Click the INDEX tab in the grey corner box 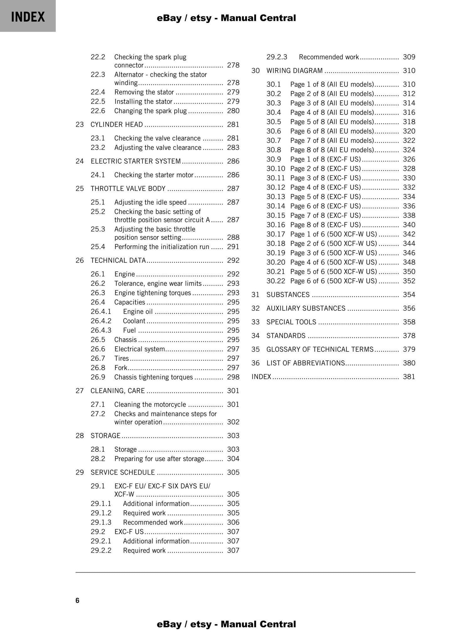coord(28,17)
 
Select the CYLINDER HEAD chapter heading coord(117,124)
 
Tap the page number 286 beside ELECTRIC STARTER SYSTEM coord(233,161)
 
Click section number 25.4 coord(98,247)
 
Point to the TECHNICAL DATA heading coord(118,260)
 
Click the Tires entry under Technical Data coord(122,358)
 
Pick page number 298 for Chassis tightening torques coord(233,377)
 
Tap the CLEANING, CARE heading coord(118,391)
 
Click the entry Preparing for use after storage coord(159,459)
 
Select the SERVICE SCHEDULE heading coord(123,472)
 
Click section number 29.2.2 coord(101,550)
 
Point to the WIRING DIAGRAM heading coord(294,71)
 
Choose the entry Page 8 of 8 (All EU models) coord(332,150)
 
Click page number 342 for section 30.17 coord(409,234)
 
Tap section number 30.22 coord(276,281)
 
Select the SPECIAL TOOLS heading coord(291,322)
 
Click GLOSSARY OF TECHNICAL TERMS coord(320,349)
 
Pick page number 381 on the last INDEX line coord(409,376)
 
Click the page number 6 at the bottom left coord(77,600)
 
